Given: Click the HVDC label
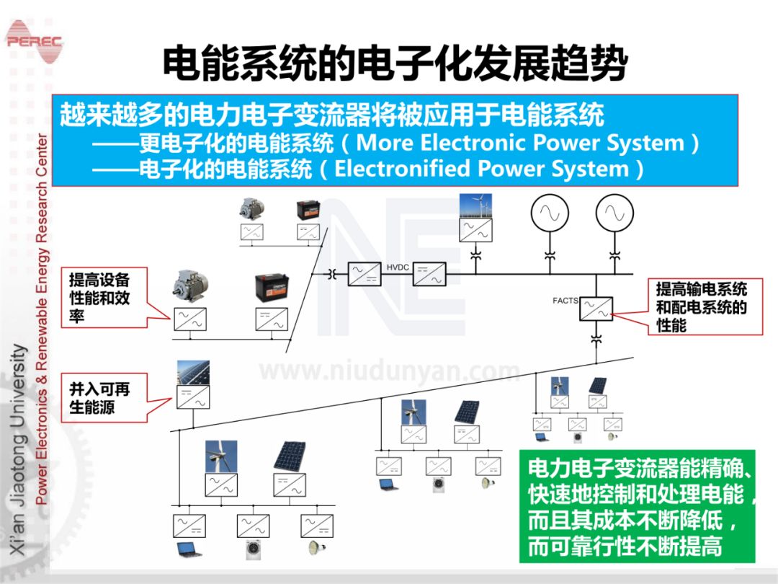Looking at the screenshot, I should click(398, 267).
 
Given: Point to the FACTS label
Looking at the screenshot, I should click(565, 301).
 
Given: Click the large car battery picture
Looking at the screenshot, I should click(272, 288).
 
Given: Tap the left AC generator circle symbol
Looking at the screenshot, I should click(550, 213).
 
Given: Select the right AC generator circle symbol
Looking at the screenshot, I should click(614, 213).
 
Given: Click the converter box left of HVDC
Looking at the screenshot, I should click(364, 274).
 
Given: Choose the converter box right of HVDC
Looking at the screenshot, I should click(430, 274).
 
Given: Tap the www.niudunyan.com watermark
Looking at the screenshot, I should click(389, 371).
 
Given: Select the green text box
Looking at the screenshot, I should click(637, 506).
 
